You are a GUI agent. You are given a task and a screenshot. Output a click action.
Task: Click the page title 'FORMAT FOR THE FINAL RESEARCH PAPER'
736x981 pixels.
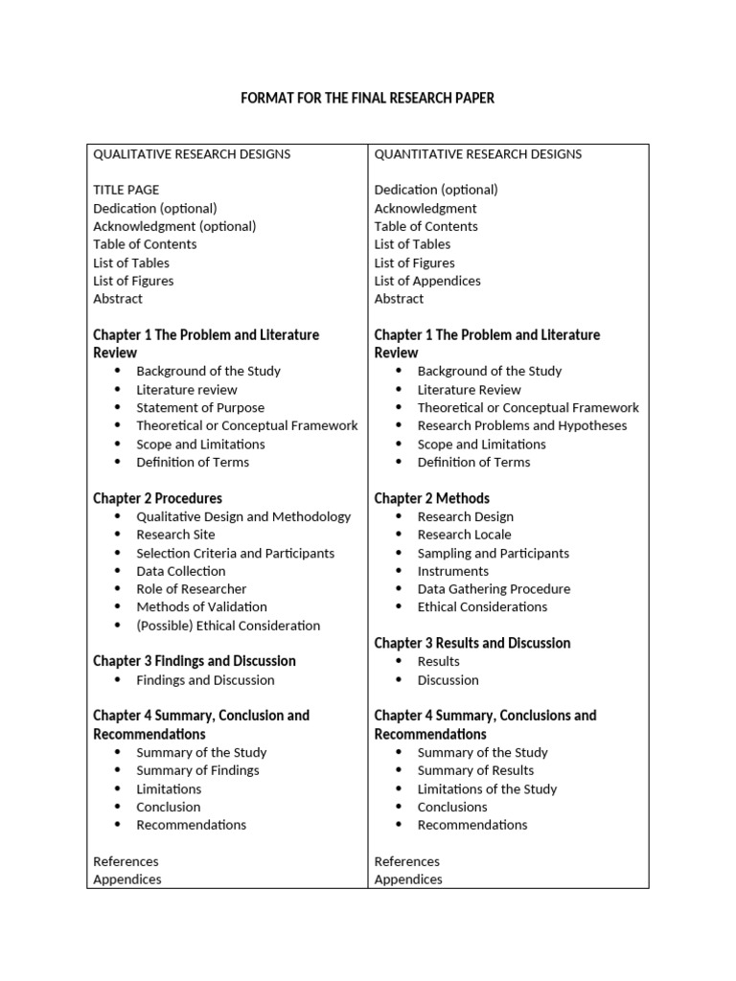click(x=367, y=99)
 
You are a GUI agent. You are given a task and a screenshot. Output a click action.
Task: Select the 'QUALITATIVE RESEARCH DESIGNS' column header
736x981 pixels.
click(x=192, y=154)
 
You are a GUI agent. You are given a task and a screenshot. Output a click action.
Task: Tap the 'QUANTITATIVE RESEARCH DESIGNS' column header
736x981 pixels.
click(x=477, y=154)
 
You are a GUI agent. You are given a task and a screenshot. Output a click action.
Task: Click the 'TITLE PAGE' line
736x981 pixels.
click(x=126, y=190)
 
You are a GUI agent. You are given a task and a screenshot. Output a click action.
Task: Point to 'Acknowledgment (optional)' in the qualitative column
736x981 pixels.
click(x=174, y=226)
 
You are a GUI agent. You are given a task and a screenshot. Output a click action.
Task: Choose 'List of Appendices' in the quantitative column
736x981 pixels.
click(x=427, y=281)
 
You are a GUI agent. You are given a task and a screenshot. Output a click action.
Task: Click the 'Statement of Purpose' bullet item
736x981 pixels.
click(x=200, y=408)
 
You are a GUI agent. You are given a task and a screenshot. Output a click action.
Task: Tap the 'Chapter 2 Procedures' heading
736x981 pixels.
click(x=157, y=498)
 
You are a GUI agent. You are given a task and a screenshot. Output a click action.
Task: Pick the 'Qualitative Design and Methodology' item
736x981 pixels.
click(x=243, y=516)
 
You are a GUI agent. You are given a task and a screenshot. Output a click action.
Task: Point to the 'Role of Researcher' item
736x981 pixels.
click(x=192, y=589)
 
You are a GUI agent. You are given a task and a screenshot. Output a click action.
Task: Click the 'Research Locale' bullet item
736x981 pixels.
click(x=465, y=535)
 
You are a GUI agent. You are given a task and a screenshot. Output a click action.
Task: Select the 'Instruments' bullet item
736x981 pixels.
click(x=453, y=571)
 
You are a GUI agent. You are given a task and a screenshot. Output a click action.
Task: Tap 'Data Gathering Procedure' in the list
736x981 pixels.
click(x=494, y=589)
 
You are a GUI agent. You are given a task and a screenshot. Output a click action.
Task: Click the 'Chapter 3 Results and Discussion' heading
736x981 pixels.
click(x=471, y=643)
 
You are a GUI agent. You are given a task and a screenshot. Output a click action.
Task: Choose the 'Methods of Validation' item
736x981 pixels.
click(x=202, y=606)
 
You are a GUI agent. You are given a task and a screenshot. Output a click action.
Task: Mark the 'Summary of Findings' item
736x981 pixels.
click(x=197, y=770)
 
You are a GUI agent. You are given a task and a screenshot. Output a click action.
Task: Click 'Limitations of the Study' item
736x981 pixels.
click(x=487, y=788)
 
